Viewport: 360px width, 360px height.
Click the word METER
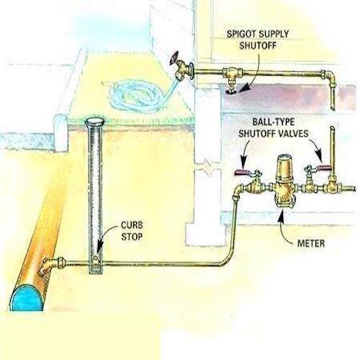tap(311, 243)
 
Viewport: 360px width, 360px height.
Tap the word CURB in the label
tap(132, 225)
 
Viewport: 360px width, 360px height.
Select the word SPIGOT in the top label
tap(241, 34)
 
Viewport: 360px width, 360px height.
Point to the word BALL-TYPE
tap(273, 122)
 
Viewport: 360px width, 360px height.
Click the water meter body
tap(284, 181)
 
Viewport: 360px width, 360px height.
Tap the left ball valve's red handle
tap(242, 172)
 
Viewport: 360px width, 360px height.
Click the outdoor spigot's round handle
tap(175, 58)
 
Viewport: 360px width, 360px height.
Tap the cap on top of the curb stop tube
tap(95, 122)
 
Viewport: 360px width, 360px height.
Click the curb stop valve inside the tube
tap(96, 261)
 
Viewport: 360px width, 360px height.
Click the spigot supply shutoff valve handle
tap(231, 91)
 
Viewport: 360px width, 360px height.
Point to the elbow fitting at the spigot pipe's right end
tap(328, 77)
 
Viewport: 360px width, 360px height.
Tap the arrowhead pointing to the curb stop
tap(99, 249)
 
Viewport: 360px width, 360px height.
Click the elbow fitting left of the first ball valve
tap(238, 190)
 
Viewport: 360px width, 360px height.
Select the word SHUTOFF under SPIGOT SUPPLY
tap(258, 45)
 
